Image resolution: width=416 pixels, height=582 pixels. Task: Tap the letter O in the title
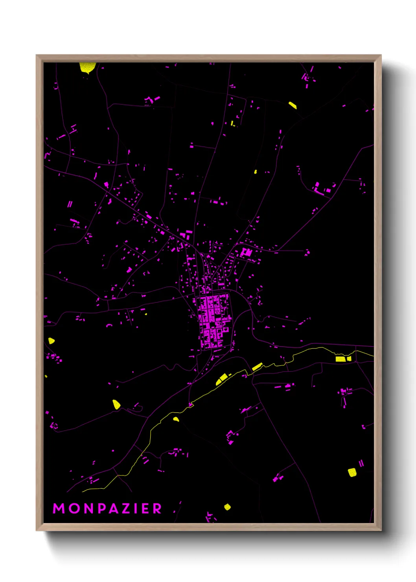tap(75, 508)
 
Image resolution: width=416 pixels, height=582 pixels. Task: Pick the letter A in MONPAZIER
tap(114, 508)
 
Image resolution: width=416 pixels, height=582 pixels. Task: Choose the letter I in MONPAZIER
tap(136, 508)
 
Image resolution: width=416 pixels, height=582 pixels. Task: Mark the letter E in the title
tap(145, 508)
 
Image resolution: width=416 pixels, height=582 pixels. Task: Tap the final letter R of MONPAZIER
tap(157, 508)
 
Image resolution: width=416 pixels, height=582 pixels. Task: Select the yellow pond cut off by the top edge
tap(87, 67)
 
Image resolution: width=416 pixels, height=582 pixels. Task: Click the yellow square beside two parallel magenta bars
tap(352, 472)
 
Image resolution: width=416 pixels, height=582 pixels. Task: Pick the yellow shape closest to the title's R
tap(227, 507)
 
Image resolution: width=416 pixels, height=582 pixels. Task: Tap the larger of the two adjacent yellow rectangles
tap(340, 359)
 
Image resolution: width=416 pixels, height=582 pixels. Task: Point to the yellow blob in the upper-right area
tap(293, 105)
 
